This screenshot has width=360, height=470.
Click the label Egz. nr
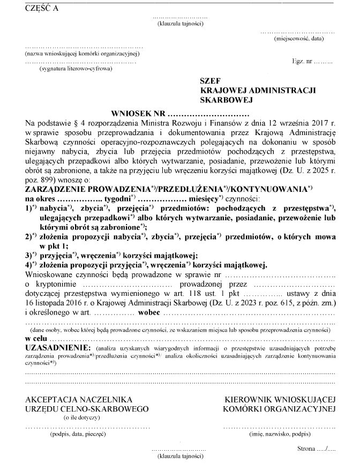click(302, 62)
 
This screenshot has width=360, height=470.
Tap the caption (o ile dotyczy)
click(79, 416)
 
